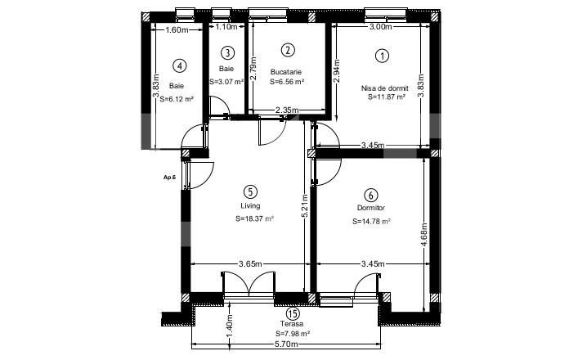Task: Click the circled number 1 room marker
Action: coord(381,56)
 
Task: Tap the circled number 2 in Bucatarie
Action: coord(287,50)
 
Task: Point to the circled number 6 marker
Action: coord(371,195)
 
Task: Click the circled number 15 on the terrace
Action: coord(293,313)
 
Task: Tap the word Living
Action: coord(250,206)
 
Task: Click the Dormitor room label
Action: coord(371,208)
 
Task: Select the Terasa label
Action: coord(293,324)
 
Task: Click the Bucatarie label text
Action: coord(287,72)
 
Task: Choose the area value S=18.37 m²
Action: coord(254,219)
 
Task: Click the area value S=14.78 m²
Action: coord(371,221)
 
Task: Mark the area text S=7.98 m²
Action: coord(293,334)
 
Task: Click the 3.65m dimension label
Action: coord(250,263)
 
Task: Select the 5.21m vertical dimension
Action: coord(304,214)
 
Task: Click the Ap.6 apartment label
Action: coord(169,176)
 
